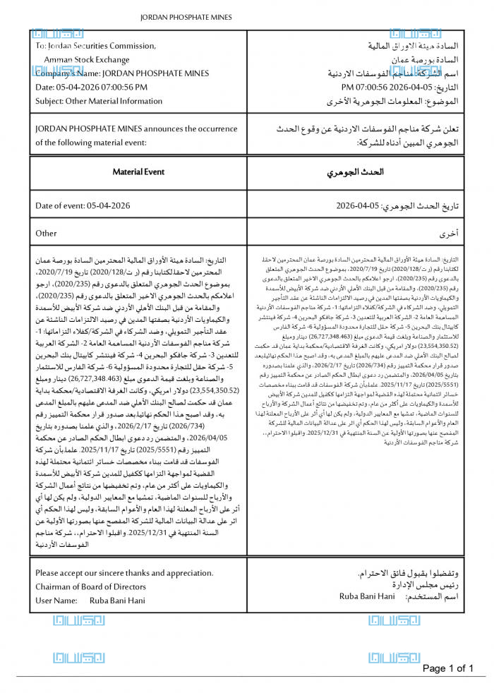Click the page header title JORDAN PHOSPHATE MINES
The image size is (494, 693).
[x=186, y=16]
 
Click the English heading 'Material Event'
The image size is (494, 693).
[x=138, y=171]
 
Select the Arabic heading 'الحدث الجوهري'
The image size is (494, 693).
[x=356, y=172]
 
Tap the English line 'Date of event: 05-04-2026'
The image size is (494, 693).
[x=83, y=205]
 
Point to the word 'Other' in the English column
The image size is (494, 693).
[x=46, y=233]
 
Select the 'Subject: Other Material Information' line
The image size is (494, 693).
[x=99, y=101]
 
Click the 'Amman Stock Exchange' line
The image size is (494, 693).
[x=87, y=60]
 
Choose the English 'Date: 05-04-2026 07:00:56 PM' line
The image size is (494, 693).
[x=92, y=87]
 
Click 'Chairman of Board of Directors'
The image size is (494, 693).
[x=91, y=586]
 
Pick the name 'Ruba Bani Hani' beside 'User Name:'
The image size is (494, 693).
[x=117, y=601]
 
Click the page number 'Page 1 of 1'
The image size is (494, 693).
[x=447, y=668]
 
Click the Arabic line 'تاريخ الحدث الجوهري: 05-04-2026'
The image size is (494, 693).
[x=397, y=206]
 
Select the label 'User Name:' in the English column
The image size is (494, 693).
[x=56, y=601]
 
